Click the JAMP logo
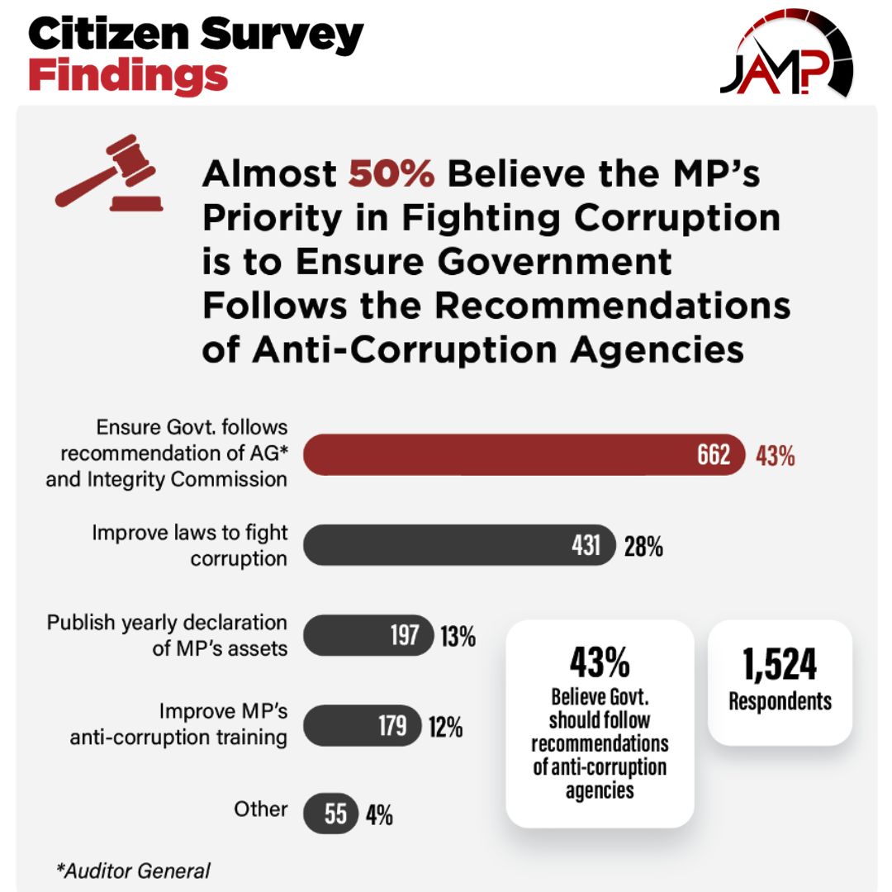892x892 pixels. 785,55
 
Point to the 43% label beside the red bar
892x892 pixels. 775,456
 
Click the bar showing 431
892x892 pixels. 459,545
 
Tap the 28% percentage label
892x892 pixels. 643,546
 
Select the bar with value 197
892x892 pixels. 368,636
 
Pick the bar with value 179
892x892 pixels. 363,726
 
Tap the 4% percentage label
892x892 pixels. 379,816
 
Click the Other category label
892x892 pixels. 260,809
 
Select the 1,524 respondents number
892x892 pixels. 780,665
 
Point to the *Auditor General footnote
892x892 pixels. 133,870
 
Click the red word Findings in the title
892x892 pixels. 128,76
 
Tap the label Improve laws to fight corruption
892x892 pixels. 189,545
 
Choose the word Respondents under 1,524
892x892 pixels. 780,702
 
